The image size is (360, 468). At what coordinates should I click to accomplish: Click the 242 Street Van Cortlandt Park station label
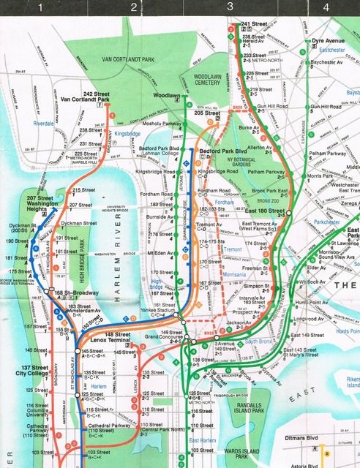86,97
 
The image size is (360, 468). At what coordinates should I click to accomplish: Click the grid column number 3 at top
229,7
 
